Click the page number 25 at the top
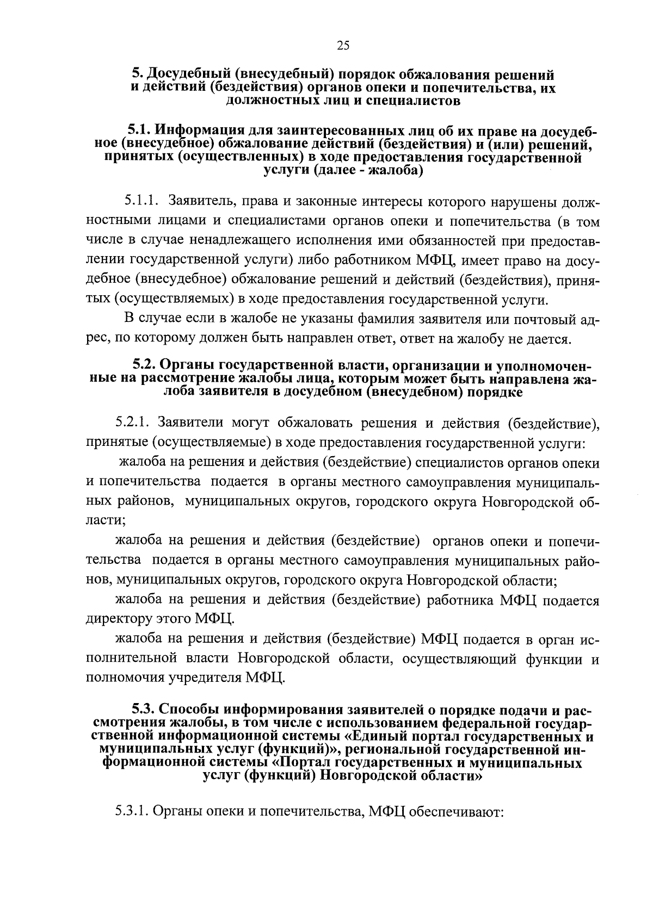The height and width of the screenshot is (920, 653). pos(343,46)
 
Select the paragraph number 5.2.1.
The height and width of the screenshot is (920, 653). pos(136,424)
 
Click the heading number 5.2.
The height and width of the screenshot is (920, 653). pos(144,364)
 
